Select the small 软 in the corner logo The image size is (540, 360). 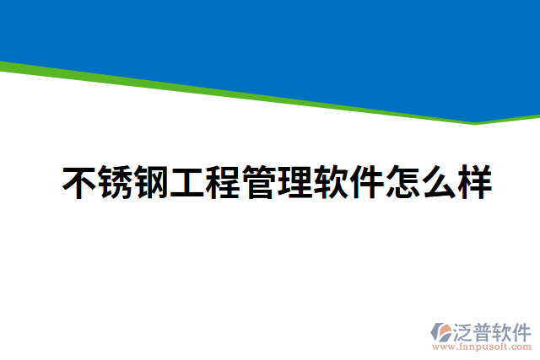point(505,330)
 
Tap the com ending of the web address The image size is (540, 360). point(522,347)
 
